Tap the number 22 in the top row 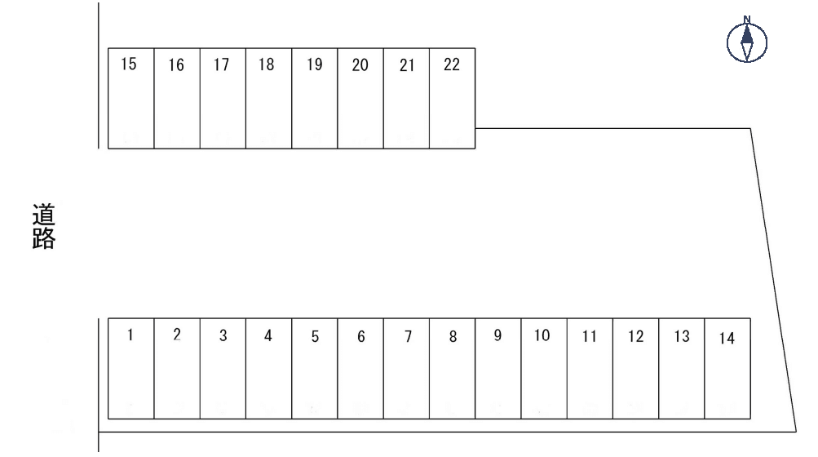[452, 65]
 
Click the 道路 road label [44, 227]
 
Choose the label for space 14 [727, 339]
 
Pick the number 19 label [315, 66]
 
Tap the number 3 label [223, 337]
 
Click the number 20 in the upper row [360, 66]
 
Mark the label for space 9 [497, 335]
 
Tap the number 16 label [176, 66]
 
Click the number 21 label [406, 66]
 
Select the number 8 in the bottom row [453, 337]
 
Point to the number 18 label [267, 66]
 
